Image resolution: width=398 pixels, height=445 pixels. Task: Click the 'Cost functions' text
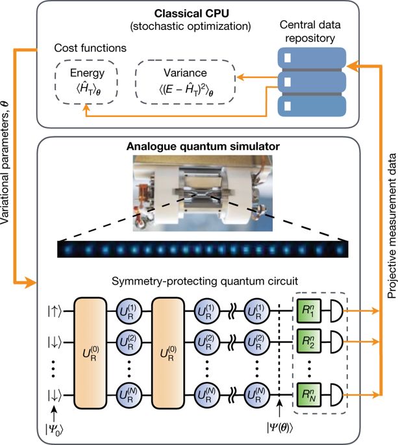(82, 47)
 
